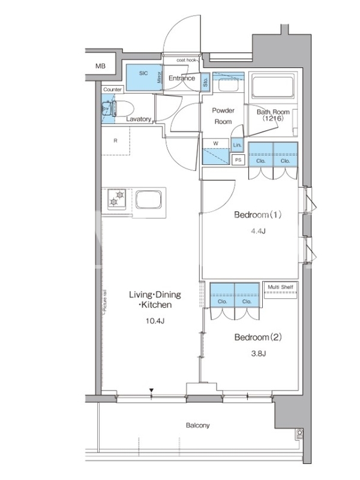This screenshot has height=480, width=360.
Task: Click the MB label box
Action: click(100, 66)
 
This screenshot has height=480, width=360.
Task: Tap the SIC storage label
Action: click(143, 73)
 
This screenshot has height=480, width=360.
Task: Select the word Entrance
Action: click(182, 78)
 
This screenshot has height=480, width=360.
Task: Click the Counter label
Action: click(113, 89)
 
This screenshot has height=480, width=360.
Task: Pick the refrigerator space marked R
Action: click(115, 141)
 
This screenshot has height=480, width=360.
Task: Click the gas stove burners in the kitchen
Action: click(116, 199)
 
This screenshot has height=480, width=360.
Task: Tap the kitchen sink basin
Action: click(148, 199)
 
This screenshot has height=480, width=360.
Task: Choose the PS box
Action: click(238, 160)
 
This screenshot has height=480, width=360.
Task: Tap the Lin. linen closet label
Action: click(237, 145)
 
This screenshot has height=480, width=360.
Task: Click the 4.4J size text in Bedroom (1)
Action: click(258, 231)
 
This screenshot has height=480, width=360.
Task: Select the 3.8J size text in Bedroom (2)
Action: click(259, 353)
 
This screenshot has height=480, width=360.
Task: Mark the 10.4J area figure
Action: click(155, 321)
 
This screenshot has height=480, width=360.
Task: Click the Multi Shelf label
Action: click(280, 287)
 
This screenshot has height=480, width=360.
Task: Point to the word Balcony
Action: click(198, 425)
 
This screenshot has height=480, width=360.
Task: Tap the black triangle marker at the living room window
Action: click(151, 391)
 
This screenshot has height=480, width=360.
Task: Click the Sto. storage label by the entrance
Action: click(205, 82)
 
